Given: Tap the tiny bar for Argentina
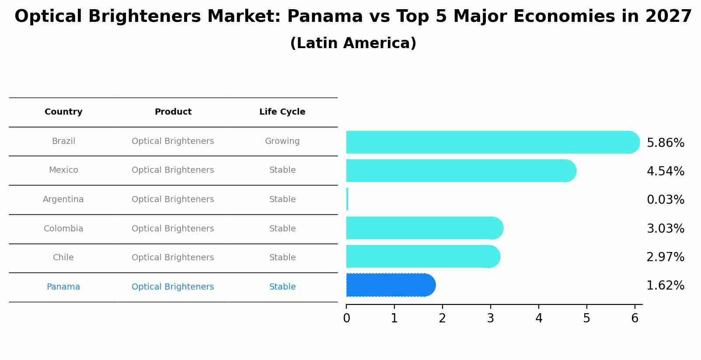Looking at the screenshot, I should tap(347, 199).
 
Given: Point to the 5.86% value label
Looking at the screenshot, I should tap(665, 143).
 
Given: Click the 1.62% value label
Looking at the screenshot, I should tap(665, 286).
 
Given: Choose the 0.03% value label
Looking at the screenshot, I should tap(665, 200).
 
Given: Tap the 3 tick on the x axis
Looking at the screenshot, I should tap(491, 318).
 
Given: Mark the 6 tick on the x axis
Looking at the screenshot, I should tap(635, 318).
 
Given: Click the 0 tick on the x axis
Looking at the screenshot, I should tap(346, 318).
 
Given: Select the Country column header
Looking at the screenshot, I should tap(63, 112).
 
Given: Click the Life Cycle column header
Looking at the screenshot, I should tap(282, 112).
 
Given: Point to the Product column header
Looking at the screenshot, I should tap(173, 112).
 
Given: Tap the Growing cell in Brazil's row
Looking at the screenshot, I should tap(282, 141).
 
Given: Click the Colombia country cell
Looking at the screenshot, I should tap(63, 229).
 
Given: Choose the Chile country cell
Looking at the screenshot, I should tap(63, 258).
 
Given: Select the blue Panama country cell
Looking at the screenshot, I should tap(63, 287).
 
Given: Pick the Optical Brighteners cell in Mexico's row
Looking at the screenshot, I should tap(173, 170).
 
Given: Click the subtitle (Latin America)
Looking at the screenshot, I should tap(353, 43).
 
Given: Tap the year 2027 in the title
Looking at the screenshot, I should tap(668, 17).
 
